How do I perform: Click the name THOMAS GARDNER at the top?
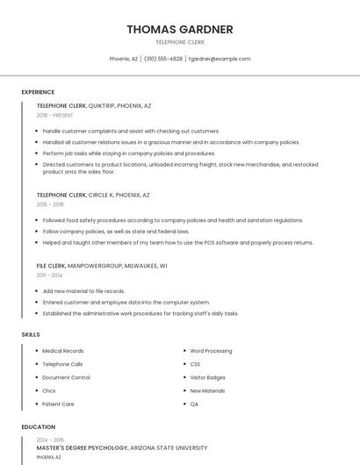[x=179, y=29]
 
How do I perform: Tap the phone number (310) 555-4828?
[x=163, y=59]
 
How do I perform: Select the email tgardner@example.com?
[x=220, y=59]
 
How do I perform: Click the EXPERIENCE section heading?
[x=38, y=92]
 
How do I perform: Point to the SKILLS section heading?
[x=31, y=334]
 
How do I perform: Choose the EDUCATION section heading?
[x=38, y=427]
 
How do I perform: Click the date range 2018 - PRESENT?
[x=54, y=115]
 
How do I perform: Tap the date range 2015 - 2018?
[x=50, y=204]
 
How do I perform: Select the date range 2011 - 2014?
[x=49, y=275]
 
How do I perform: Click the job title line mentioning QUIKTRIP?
[x=94, y=105]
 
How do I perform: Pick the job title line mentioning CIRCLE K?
[x=93, y=195]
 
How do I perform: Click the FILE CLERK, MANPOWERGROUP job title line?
[x=102, y=265]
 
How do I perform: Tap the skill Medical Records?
[x=63, y=351]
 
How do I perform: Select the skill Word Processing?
[x=211, y=351]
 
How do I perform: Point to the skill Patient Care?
[x=58, y=404]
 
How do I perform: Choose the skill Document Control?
[x=66, y=377]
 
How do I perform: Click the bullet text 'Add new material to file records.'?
[x=83, y=291]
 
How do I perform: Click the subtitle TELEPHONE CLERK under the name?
[x=179, y=41]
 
